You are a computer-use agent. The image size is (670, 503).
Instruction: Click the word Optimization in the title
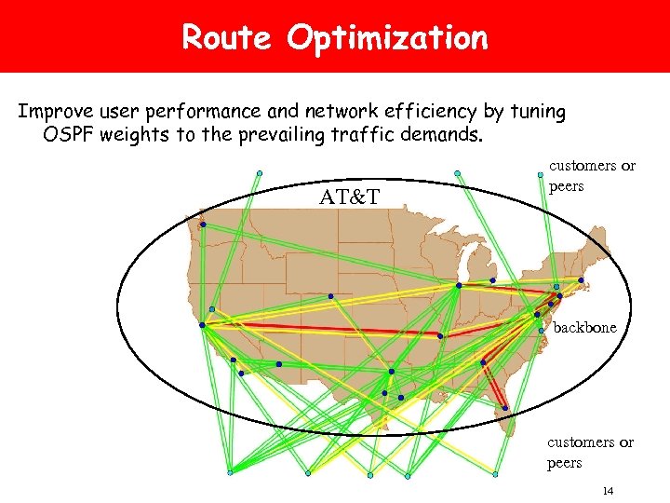[387, 39]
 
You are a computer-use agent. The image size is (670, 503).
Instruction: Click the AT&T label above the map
[349, 197]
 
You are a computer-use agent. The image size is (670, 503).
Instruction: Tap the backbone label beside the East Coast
[585, 328]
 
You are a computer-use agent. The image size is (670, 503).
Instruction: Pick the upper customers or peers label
[592, 174]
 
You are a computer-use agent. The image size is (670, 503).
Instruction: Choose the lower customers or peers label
[591, 452]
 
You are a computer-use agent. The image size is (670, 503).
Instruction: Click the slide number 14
[609, 490]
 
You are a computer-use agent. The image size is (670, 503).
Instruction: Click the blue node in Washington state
[203, 224]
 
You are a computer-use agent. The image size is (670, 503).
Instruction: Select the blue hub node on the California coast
[202, 325]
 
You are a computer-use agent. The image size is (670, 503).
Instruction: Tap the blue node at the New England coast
[581, 280]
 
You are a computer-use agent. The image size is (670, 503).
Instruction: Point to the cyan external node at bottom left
[230, 472]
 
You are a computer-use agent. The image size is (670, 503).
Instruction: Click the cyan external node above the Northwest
[260, 172]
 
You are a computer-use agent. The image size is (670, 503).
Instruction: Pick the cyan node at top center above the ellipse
[457, 172]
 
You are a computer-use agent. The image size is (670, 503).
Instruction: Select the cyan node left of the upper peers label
[541, 174]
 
